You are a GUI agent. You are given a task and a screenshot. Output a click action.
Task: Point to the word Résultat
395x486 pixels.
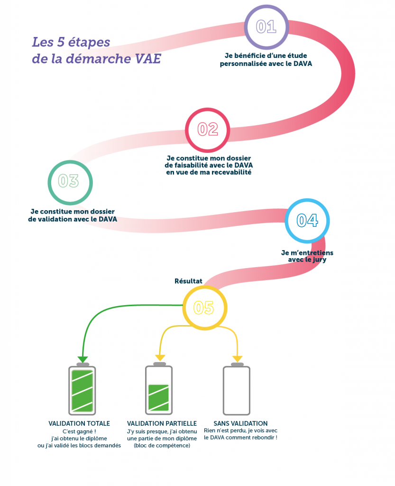(x=188, y=281)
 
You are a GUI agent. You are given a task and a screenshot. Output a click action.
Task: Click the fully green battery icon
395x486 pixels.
(x=82, y=389)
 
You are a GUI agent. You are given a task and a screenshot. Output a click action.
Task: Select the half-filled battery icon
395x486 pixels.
(x=159, y=389)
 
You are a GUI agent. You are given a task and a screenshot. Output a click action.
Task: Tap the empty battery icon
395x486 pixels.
(x=237, y=389)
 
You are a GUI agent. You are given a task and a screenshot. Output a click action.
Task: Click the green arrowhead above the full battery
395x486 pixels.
(x=83, y=359)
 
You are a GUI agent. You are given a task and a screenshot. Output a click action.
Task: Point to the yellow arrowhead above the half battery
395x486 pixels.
(x=160, y=358)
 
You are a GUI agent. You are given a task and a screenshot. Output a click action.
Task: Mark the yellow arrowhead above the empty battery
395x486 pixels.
(x=237, y=359)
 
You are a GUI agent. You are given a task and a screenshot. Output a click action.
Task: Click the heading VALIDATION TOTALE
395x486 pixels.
(x=79, y=423)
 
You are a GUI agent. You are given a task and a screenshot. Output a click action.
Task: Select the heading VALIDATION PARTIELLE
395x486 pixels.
(x=162, y=423)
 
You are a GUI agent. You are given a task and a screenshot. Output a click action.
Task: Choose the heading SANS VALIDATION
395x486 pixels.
(x=240, y=423)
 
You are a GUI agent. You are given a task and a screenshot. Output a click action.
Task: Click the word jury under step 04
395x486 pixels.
(x=319, y=260)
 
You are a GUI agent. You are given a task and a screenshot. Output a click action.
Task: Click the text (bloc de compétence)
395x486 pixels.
(x=162, y=445)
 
